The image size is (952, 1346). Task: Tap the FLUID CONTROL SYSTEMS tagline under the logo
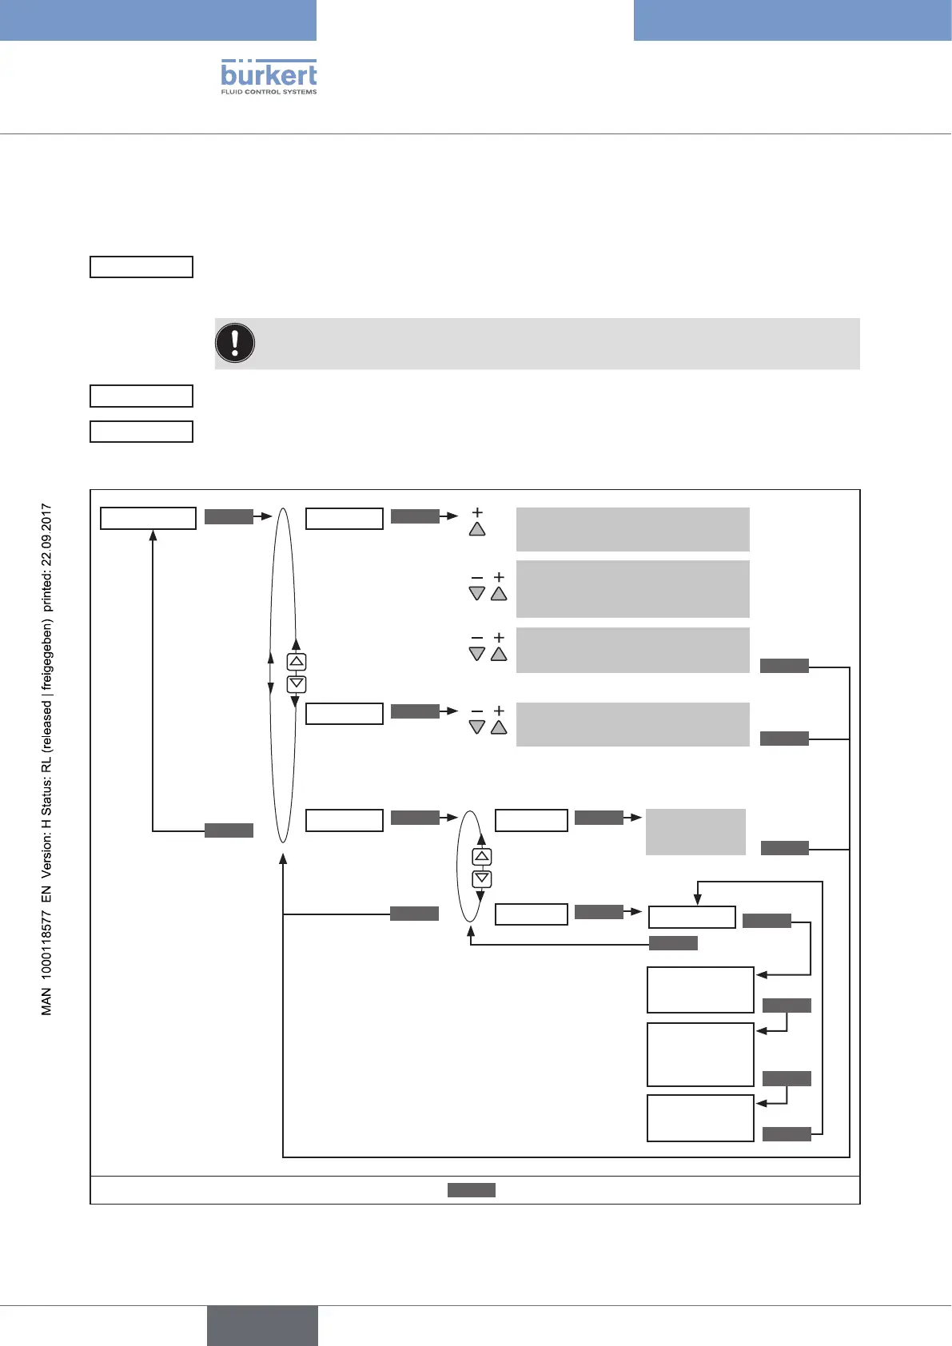point(269,92)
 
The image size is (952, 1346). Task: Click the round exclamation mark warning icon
point(235,343)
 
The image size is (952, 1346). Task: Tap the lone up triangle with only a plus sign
point(477,529)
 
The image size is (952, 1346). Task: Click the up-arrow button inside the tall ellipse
point(297,662)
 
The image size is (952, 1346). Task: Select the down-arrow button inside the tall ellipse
point(297,684)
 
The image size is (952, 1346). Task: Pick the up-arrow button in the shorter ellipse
point(482,857)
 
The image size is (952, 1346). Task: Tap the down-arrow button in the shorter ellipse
point(482,879)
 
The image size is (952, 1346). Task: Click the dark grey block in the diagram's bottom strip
point(472,1190)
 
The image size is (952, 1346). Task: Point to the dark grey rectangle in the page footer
point(262,1325)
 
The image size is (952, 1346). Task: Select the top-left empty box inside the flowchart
point(148,518)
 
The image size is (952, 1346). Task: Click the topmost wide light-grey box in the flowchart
point(632,529)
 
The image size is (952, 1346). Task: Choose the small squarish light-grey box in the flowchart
point(695,831)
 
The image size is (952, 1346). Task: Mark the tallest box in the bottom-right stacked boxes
point(700,1054)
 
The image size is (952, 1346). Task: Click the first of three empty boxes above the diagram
point(141,267)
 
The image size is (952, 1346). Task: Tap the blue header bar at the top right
point(792,20)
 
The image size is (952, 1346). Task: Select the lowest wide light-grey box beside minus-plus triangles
point(632,724)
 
